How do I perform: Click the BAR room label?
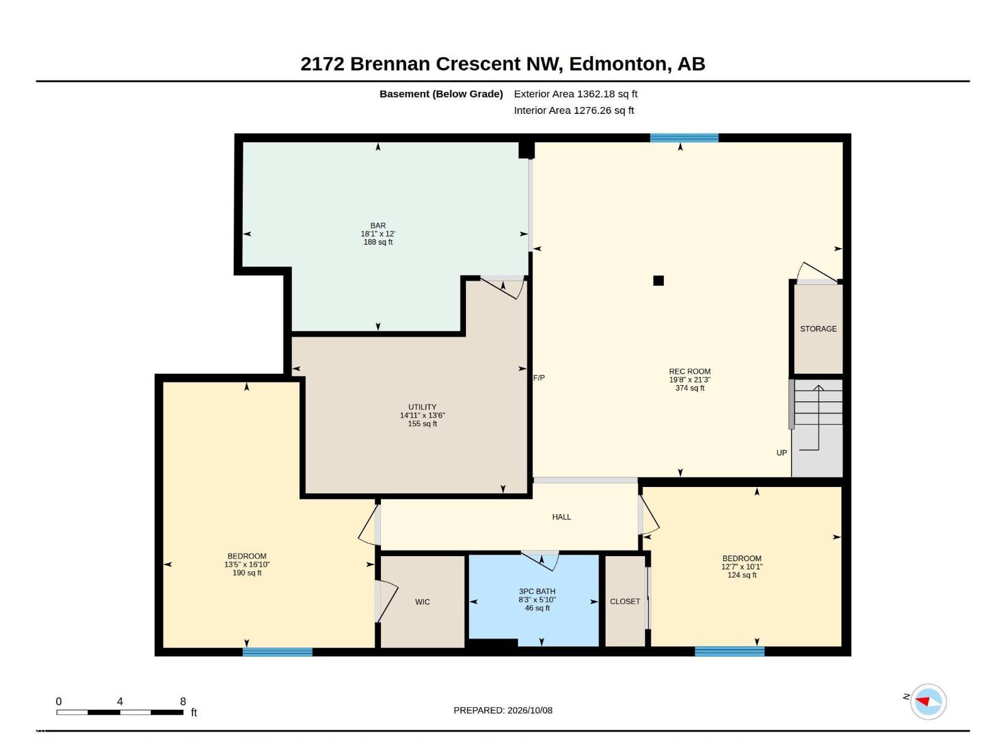pyautogui.click(x=378, y=225)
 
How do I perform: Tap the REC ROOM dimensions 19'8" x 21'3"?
pyautogui.click(x=689, y=379)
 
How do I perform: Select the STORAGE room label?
pyautogui.click(x=818, y=328)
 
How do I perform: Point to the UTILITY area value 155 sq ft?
pyautogui.click(x=422, y=423)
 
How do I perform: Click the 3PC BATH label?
pyautogui.click(x=537, y=591)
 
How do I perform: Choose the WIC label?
pyautogui.click(x=422, y=602)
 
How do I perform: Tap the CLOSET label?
pyautogui.click(x=625, y=601)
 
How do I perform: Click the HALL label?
pyautogui.click(x=561, y=517)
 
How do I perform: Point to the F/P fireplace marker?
pyautogui.click(x=539, y=377)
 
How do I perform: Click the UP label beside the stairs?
pyautogui.click(x=782, y=453)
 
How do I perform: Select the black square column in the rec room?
pyautogui.click(x=658, y=281)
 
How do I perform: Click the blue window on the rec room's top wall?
pyautogui.click(x=684, y=138)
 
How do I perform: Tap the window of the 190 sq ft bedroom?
pyautogui.click(x=277, y=652)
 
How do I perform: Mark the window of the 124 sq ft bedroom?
pyautogui.click(x=729, y=651)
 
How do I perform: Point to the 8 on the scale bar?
pyautogui.click(x=183, y=702)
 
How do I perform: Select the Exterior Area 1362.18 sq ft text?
pyautogui.click(x=575, y=94)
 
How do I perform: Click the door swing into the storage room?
pyautogui.click(x=817, y=272)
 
